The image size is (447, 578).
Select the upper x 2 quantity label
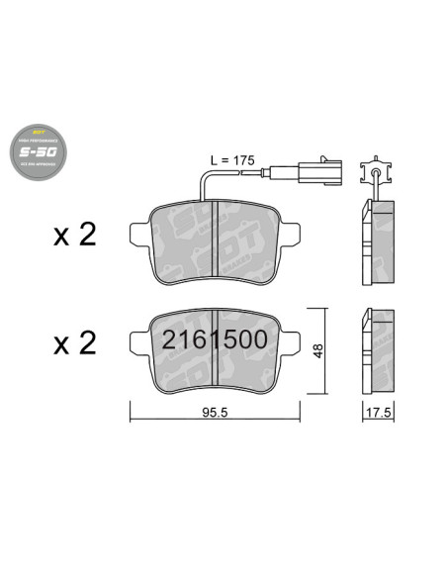pos(73,235)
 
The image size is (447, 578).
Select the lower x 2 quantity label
pos(73,342)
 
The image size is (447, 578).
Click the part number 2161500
pos(214,339)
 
